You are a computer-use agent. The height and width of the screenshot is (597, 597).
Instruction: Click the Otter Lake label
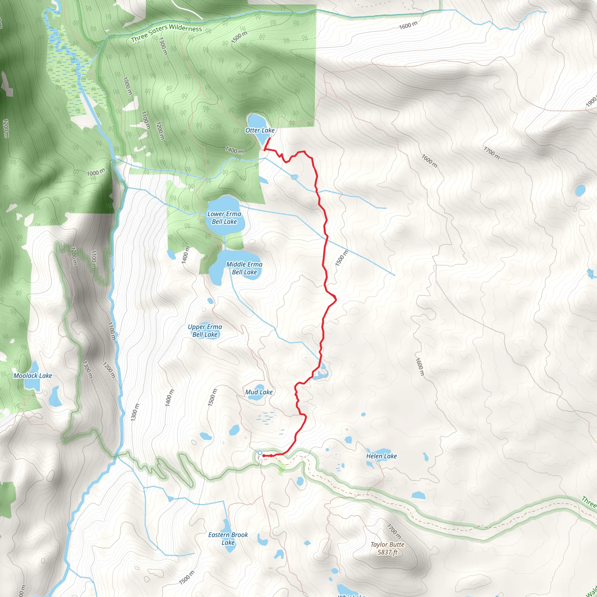click(x=260, y=130)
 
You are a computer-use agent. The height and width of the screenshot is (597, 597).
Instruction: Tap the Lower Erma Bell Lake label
click(x=224, y=218)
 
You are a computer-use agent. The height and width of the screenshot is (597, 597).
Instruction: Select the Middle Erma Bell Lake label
click(x=244, y=268)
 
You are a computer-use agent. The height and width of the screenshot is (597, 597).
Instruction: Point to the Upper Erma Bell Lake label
click(x=205, y=331)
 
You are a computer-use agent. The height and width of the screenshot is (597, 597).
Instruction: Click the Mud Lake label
click(x=259, y=392)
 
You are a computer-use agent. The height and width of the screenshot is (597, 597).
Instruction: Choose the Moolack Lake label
click(x=33, y=376)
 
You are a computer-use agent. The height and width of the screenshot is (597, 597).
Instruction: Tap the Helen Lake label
click(x=381, y=456)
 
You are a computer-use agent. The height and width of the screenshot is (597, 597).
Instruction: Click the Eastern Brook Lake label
click(x=228, y=539)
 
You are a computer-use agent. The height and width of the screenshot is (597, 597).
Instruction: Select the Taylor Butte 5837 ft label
click(x=387, y=548)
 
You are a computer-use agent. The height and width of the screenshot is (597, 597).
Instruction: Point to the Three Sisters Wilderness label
click(x=166, y=33)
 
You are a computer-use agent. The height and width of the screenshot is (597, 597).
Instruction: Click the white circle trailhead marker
click(x=260, y=453)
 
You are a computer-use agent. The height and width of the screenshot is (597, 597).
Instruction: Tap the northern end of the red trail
click(x=271, y=138)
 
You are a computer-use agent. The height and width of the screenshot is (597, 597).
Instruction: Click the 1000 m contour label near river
click(x=96, y=173)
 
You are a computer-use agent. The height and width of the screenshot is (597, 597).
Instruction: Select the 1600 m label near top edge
click(x=408, y=26)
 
